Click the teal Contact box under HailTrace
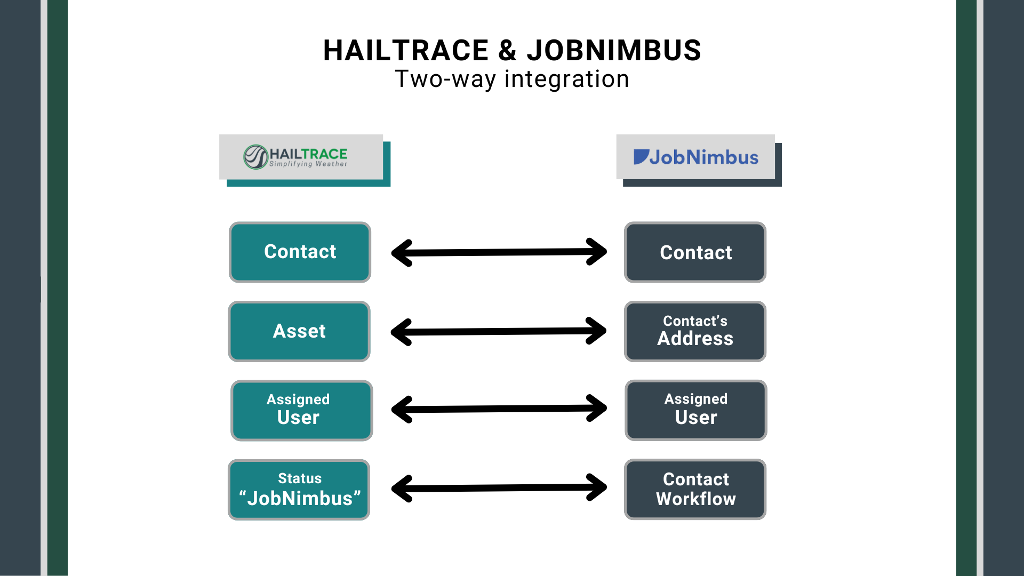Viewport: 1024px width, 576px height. (x=300, y=252)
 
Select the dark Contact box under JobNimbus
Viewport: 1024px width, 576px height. (x=695, y=252)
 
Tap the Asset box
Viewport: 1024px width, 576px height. (x=299, y=331)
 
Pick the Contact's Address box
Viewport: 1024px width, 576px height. (x=695, y=331)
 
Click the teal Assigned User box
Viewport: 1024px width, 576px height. (x=301, y=410)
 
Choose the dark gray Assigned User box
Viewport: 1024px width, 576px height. (x=695, y=410)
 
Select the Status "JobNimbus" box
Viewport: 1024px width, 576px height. (x=299, y=489)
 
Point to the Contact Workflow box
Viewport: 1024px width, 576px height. (x=695, y=489)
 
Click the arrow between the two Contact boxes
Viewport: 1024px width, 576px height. (x=499, y=252)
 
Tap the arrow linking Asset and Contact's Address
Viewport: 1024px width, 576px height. (x=499, y=332)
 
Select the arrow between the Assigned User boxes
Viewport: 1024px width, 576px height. (x=499, y=409)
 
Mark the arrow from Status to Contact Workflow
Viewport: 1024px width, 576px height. (x=499, y=488)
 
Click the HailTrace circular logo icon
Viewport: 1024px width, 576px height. (x=255, y=157)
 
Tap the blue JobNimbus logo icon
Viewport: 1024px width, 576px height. (x=641, y=157)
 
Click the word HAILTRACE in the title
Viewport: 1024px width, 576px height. (x=406, y=51)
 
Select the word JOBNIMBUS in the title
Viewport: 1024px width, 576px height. (x=614, y=51)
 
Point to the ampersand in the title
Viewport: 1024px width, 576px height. (x=508, y=51)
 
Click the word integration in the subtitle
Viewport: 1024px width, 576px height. (x=566, y=79)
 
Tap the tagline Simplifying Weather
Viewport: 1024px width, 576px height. (x=308, y=164)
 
